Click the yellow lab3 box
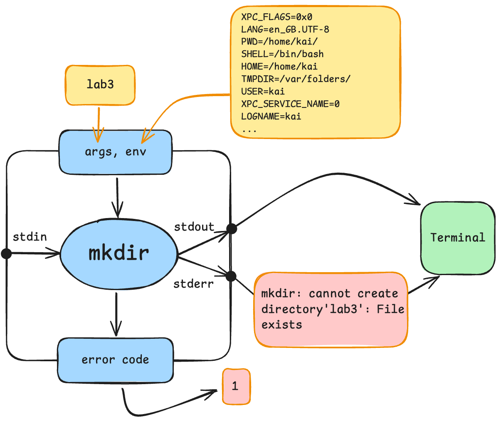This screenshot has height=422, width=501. pos(100,85)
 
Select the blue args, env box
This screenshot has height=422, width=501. pos(115,152)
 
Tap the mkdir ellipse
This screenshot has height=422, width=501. pos(119,253)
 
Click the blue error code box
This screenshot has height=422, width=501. pos(115,360)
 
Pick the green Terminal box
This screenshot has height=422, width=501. pos(458,238)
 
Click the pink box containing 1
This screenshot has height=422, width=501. pos(236,386)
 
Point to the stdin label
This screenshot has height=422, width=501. pos(30,237)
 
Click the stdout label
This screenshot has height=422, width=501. pos(194,227)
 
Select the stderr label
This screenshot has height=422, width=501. pos(193,284)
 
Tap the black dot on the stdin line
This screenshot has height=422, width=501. pos(7,253)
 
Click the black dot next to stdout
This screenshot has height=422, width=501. pos(232,228)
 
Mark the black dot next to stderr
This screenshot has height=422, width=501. pos(231,276)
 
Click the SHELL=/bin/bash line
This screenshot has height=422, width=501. pos(282,54)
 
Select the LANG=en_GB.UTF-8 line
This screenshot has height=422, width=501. pos(285,29)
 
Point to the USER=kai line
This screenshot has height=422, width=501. pos(263,92)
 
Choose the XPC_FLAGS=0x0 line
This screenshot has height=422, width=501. pos(276,17)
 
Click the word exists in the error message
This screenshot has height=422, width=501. pos(281,325)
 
